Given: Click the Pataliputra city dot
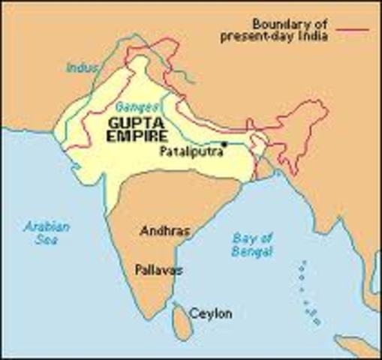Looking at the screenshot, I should (x=224, y=143).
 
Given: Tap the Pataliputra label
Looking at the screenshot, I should (x=191, y=150).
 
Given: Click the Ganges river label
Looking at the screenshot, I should (x=133, y=107).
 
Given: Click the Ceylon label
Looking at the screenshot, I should (x=210, y=313).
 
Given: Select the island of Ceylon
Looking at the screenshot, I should (x=180, y=319).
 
